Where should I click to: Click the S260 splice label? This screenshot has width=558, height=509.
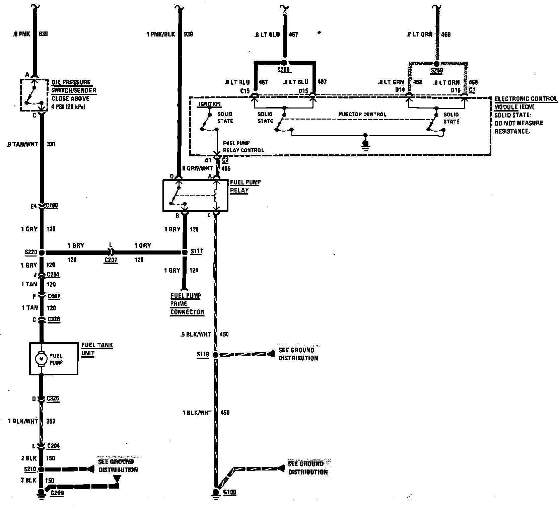click(283, 70)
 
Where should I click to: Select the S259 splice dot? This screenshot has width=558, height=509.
click(436, 63)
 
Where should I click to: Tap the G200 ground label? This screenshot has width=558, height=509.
click(57, 493)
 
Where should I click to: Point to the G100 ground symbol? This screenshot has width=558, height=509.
click(216, 494)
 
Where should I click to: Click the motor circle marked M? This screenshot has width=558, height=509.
click(42, 358)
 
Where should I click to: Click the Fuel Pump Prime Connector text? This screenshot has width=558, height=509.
click(187, 304)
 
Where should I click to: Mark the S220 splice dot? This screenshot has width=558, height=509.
click(42, 252)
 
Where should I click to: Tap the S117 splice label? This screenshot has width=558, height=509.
click(196, 251)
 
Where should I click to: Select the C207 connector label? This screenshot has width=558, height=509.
click(111, 260)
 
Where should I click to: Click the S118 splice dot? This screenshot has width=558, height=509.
click(216, 355)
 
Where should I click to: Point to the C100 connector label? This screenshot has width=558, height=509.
click(52, 205)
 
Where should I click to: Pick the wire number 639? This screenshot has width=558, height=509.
click(43, 34)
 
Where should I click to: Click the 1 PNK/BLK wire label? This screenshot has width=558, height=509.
click(161, 34)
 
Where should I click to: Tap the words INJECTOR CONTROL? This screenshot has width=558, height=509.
click(362, 114)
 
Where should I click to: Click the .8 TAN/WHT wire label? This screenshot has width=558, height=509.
click(22, 144)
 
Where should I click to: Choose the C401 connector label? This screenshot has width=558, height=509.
click(54, 296)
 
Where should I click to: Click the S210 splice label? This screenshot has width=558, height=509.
click(30, 469)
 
